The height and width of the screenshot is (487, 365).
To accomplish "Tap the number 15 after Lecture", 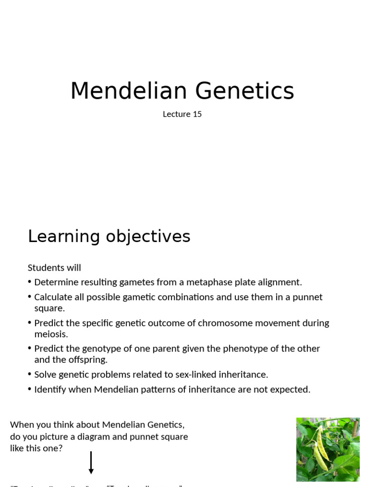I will tap(197, 114).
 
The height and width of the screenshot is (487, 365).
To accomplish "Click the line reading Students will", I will tap(54, 268).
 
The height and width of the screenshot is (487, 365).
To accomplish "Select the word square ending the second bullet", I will tap(49, 308).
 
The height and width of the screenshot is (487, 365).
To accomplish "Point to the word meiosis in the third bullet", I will tap(50, 334).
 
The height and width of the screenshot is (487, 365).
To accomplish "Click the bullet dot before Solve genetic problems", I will tap(29, 375).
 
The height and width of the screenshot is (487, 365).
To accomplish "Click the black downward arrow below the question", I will tap(91, 463).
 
